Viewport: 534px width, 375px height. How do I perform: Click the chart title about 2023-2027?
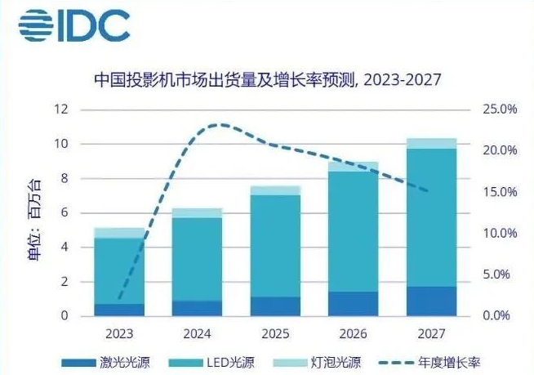(x=267, y=79)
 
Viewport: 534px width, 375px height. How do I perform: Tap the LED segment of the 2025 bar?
(x=274, y=245)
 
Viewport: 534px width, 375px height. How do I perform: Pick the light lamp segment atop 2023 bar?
(x=118, y=233)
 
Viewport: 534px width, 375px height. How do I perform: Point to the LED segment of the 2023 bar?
(x=118, y=270)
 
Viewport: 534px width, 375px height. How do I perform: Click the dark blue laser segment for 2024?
(x=197, y=308)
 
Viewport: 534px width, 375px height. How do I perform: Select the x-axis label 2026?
(x=354, y=334)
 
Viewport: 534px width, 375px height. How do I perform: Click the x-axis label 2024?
(x=197, y=334)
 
